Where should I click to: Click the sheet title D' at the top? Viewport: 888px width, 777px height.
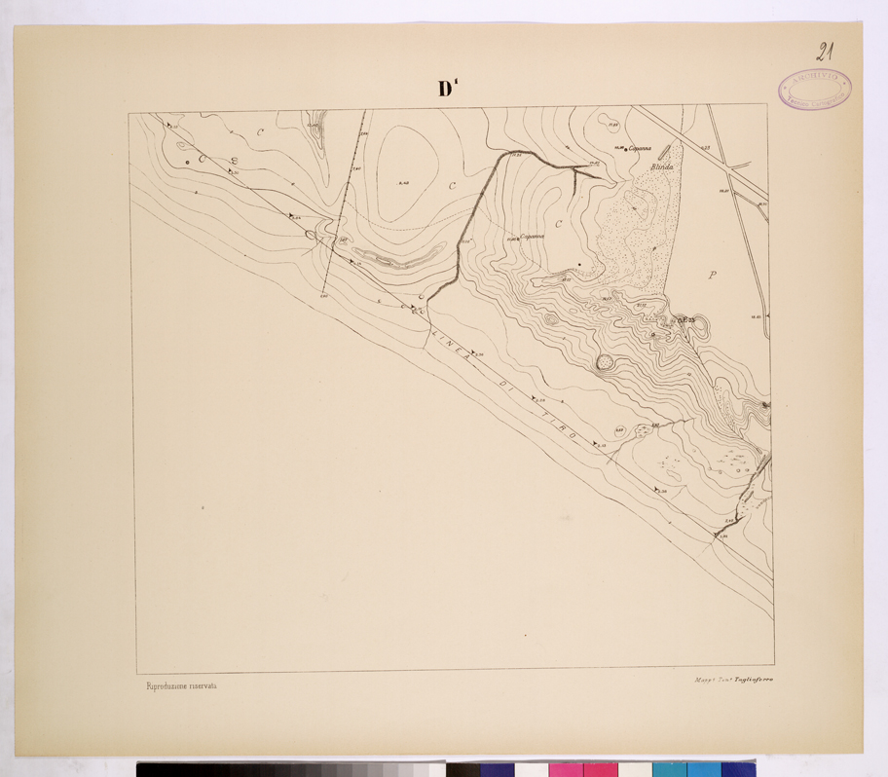[448, 89]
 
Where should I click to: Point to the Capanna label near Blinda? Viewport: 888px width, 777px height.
[639, 149]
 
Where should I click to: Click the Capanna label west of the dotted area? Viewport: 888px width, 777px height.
[534, 237]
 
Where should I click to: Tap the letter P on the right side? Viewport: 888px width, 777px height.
[712, 276]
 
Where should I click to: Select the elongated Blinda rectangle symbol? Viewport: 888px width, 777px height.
[665, 152]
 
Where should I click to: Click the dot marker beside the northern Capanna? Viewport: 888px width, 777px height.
[625, 149]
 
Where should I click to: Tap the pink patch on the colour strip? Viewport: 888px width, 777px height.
[564, 768]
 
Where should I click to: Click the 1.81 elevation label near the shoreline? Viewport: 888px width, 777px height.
[723, 536]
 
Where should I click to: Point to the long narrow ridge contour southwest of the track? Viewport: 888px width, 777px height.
[399, 258]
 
